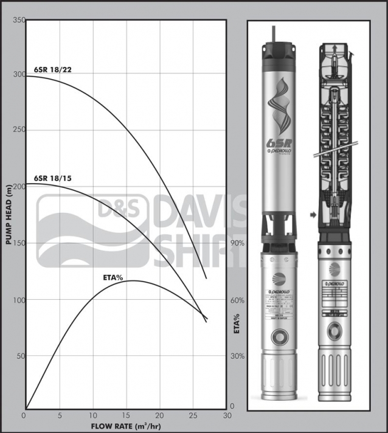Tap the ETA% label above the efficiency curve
click(113, 278)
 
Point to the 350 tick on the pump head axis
click(18, 21)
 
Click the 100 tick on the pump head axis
click(18, 300)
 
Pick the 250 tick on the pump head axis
click(18, 131)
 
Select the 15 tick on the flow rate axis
click(126, 415)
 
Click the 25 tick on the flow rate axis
click(193, 415)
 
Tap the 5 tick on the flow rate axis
click(59, 415)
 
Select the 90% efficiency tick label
click(237, 243)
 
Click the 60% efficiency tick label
click(237, 300)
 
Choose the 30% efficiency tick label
click(237, 356)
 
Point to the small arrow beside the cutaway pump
click(312, 215)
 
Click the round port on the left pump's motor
click(280, 337)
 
